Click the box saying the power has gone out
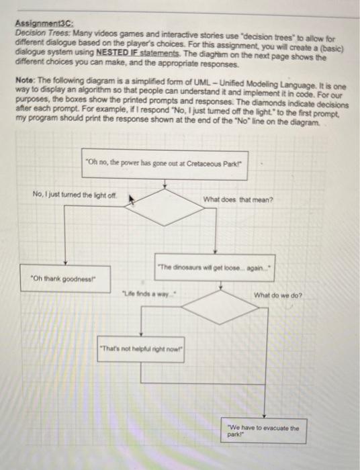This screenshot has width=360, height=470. coord(165,164)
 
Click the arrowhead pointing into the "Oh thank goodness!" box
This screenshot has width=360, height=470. coord(66,266)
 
